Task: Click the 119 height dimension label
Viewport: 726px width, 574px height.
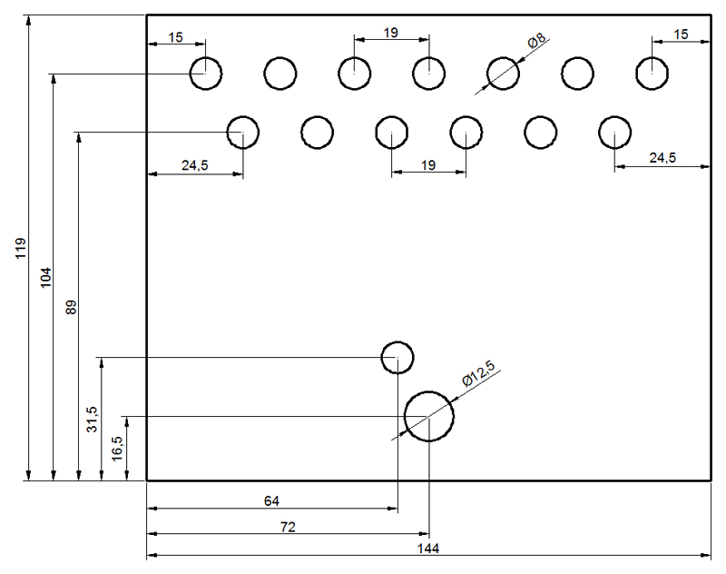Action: pos(21,248)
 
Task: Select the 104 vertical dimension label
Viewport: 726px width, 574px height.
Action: pos(46,278)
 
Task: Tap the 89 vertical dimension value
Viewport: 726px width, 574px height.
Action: pos(71,308)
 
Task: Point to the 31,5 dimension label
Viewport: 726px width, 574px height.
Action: pos(93,420)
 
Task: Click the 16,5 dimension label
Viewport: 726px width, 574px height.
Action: pos(117,449)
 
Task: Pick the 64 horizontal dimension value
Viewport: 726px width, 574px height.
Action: pos(271,500)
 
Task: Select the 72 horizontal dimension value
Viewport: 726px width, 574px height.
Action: pos(288,527)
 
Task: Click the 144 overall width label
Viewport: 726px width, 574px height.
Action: pos(428,549)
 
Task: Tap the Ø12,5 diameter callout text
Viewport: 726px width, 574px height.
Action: pos(479,373)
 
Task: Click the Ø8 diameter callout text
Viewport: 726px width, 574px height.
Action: pos(537,40)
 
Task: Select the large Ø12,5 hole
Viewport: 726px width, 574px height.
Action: pos(428,391)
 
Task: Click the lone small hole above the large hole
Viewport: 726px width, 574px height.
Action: pos(397,341)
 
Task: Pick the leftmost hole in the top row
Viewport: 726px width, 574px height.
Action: pos(206,57)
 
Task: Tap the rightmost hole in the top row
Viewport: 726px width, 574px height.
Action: pos(652,57)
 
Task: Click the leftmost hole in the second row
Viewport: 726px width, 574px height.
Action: pos(243,116)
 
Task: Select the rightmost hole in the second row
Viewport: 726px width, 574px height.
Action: pos(615,116)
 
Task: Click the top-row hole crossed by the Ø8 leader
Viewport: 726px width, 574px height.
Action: pos(504,57)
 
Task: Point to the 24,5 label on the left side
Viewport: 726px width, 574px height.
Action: pos(195,165)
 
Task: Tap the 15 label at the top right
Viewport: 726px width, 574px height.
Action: pos(681,34)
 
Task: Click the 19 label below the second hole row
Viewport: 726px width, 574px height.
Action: pos(428,165)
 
